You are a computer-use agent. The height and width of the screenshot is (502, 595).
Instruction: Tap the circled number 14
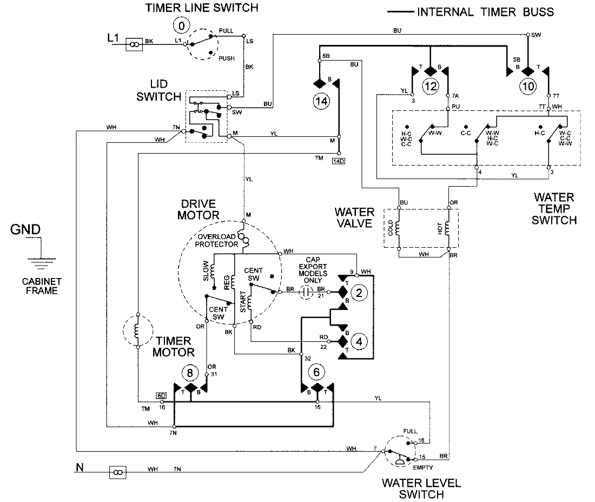[321, 102]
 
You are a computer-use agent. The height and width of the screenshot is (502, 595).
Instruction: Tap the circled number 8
[190, 372]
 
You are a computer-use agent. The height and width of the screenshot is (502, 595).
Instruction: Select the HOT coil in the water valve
[448, 229]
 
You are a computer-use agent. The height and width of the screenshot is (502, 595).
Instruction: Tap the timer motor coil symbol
[138, 329]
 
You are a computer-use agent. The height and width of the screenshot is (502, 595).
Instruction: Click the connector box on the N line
[117, 472]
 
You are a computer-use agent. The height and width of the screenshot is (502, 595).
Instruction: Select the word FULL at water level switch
[410, 431]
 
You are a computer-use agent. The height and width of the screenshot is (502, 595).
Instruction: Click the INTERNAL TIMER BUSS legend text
[485, 11]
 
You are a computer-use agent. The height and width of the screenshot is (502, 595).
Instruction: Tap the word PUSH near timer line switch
[227, 58]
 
